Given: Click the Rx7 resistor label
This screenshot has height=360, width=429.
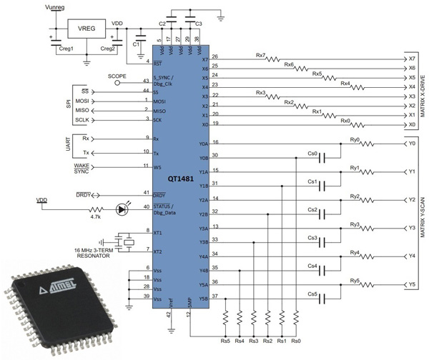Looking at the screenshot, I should (260, 54).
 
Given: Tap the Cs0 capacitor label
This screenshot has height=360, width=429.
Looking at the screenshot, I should (312, 152).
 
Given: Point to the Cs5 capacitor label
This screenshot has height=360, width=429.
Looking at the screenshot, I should (312, 293).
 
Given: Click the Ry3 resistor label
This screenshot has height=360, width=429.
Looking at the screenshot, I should (355, 224).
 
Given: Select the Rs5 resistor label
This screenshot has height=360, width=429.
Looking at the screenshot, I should (225, 341).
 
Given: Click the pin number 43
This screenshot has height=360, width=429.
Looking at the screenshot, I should (147, 80).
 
